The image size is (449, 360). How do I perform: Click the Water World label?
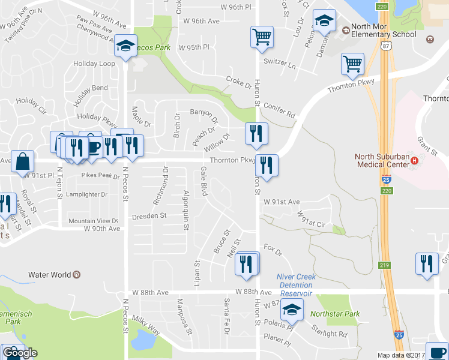pyautogui.click(x=50, y=275)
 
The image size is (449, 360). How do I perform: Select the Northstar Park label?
pyautogui.click(x=335, y=314)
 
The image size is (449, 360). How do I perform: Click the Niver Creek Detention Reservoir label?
pyautogui.click(x=295, y=285)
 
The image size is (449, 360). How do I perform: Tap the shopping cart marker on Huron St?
pyautogui.click(x=262, y=37)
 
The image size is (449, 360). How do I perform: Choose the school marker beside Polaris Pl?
pyautogui.click(x=292, y=311)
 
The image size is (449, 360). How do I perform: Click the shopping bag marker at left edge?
pyautogui.click(x=22, y=162)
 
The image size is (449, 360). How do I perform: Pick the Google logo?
pyautogui.click(x=20, y=353)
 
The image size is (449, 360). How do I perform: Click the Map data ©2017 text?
pyautogui.click(x=399, y=355)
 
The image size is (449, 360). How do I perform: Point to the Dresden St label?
pyautogui.click(x=149, y=215)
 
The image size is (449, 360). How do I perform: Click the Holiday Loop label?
pyautogui.click(x=94, y=64)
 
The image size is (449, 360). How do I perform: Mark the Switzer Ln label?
pyautogui.click(x=280, y=65)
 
